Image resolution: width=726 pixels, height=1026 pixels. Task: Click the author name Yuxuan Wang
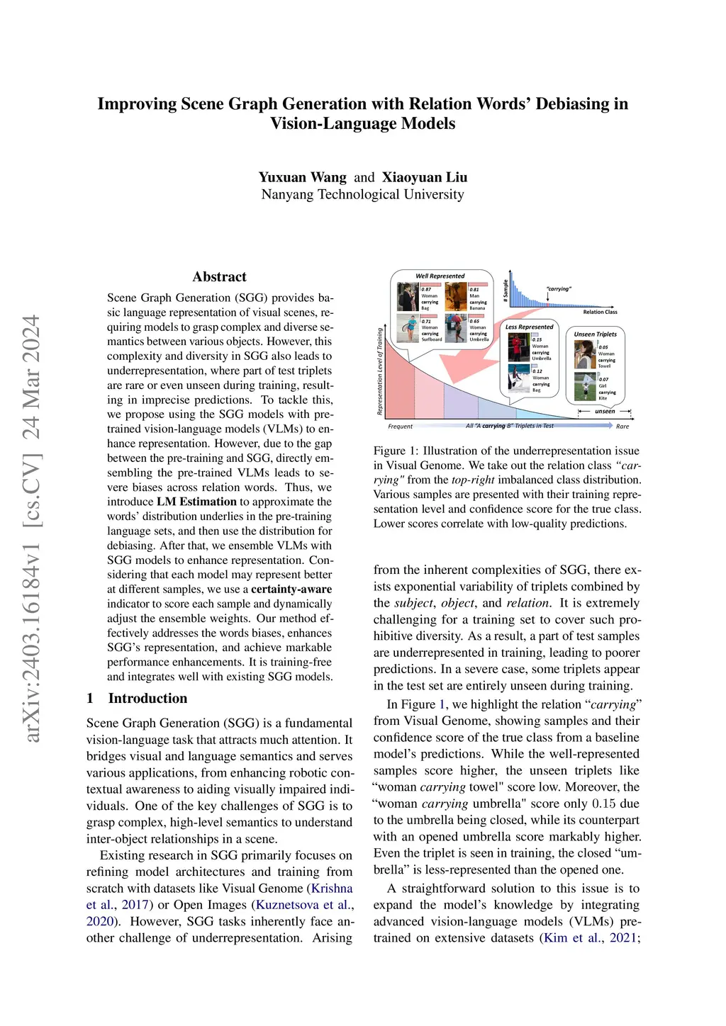(302, 177)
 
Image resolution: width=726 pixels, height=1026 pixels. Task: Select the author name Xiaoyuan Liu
(425, 177)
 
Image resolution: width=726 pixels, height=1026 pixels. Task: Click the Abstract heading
(219, 277)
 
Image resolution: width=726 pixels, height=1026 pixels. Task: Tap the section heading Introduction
(147, 698)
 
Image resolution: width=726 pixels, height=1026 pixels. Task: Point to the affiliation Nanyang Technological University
(362, 194)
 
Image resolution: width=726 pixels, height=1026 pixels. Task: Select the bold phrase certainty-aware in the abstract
(291, 589)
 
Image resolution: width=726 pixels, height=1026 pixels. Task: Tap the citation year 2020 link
(100, 921)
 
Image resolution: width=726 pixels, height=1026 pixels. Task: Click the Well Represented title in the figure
(440, 276)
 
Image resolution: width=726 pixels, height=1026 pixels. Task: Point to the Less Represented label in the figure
(529, 327)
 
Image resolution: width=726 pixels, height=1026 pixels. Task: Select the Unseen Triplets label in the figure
(595, 334)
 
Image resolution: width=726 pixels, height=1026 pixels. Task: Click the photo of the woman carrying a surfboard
(408, 329)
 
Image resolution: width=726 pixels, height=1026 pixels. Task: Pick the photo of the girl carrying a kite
(585, 386)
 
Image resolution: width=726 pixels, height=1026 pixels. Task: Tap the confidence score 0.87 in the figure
(426, 289)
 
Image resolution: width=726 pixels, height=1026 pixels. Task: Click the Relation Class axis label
(600, 312)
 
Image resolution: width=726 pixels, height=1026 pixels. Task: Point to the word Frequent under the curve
(400, 427)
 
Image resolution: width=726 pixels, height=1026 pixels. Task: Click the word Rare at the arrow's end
(622, 427)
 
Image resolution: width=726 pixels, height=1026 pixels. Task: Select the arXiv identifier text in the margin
(32, 528)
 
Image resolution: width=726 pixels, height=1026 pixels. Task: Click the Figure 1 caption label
(389, 451)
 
